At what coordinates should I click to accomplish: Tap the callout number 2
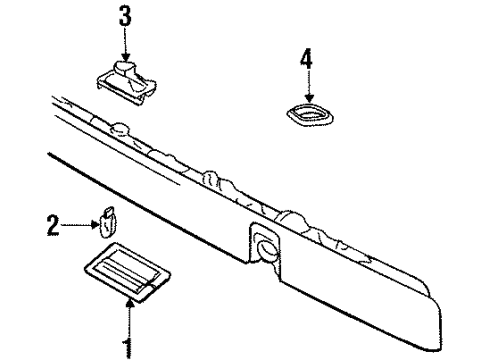(52, 227)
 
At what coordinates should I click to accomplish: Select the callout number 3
(124, 18)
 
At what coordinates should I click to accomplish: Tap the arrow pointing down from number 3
(125, 45)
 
